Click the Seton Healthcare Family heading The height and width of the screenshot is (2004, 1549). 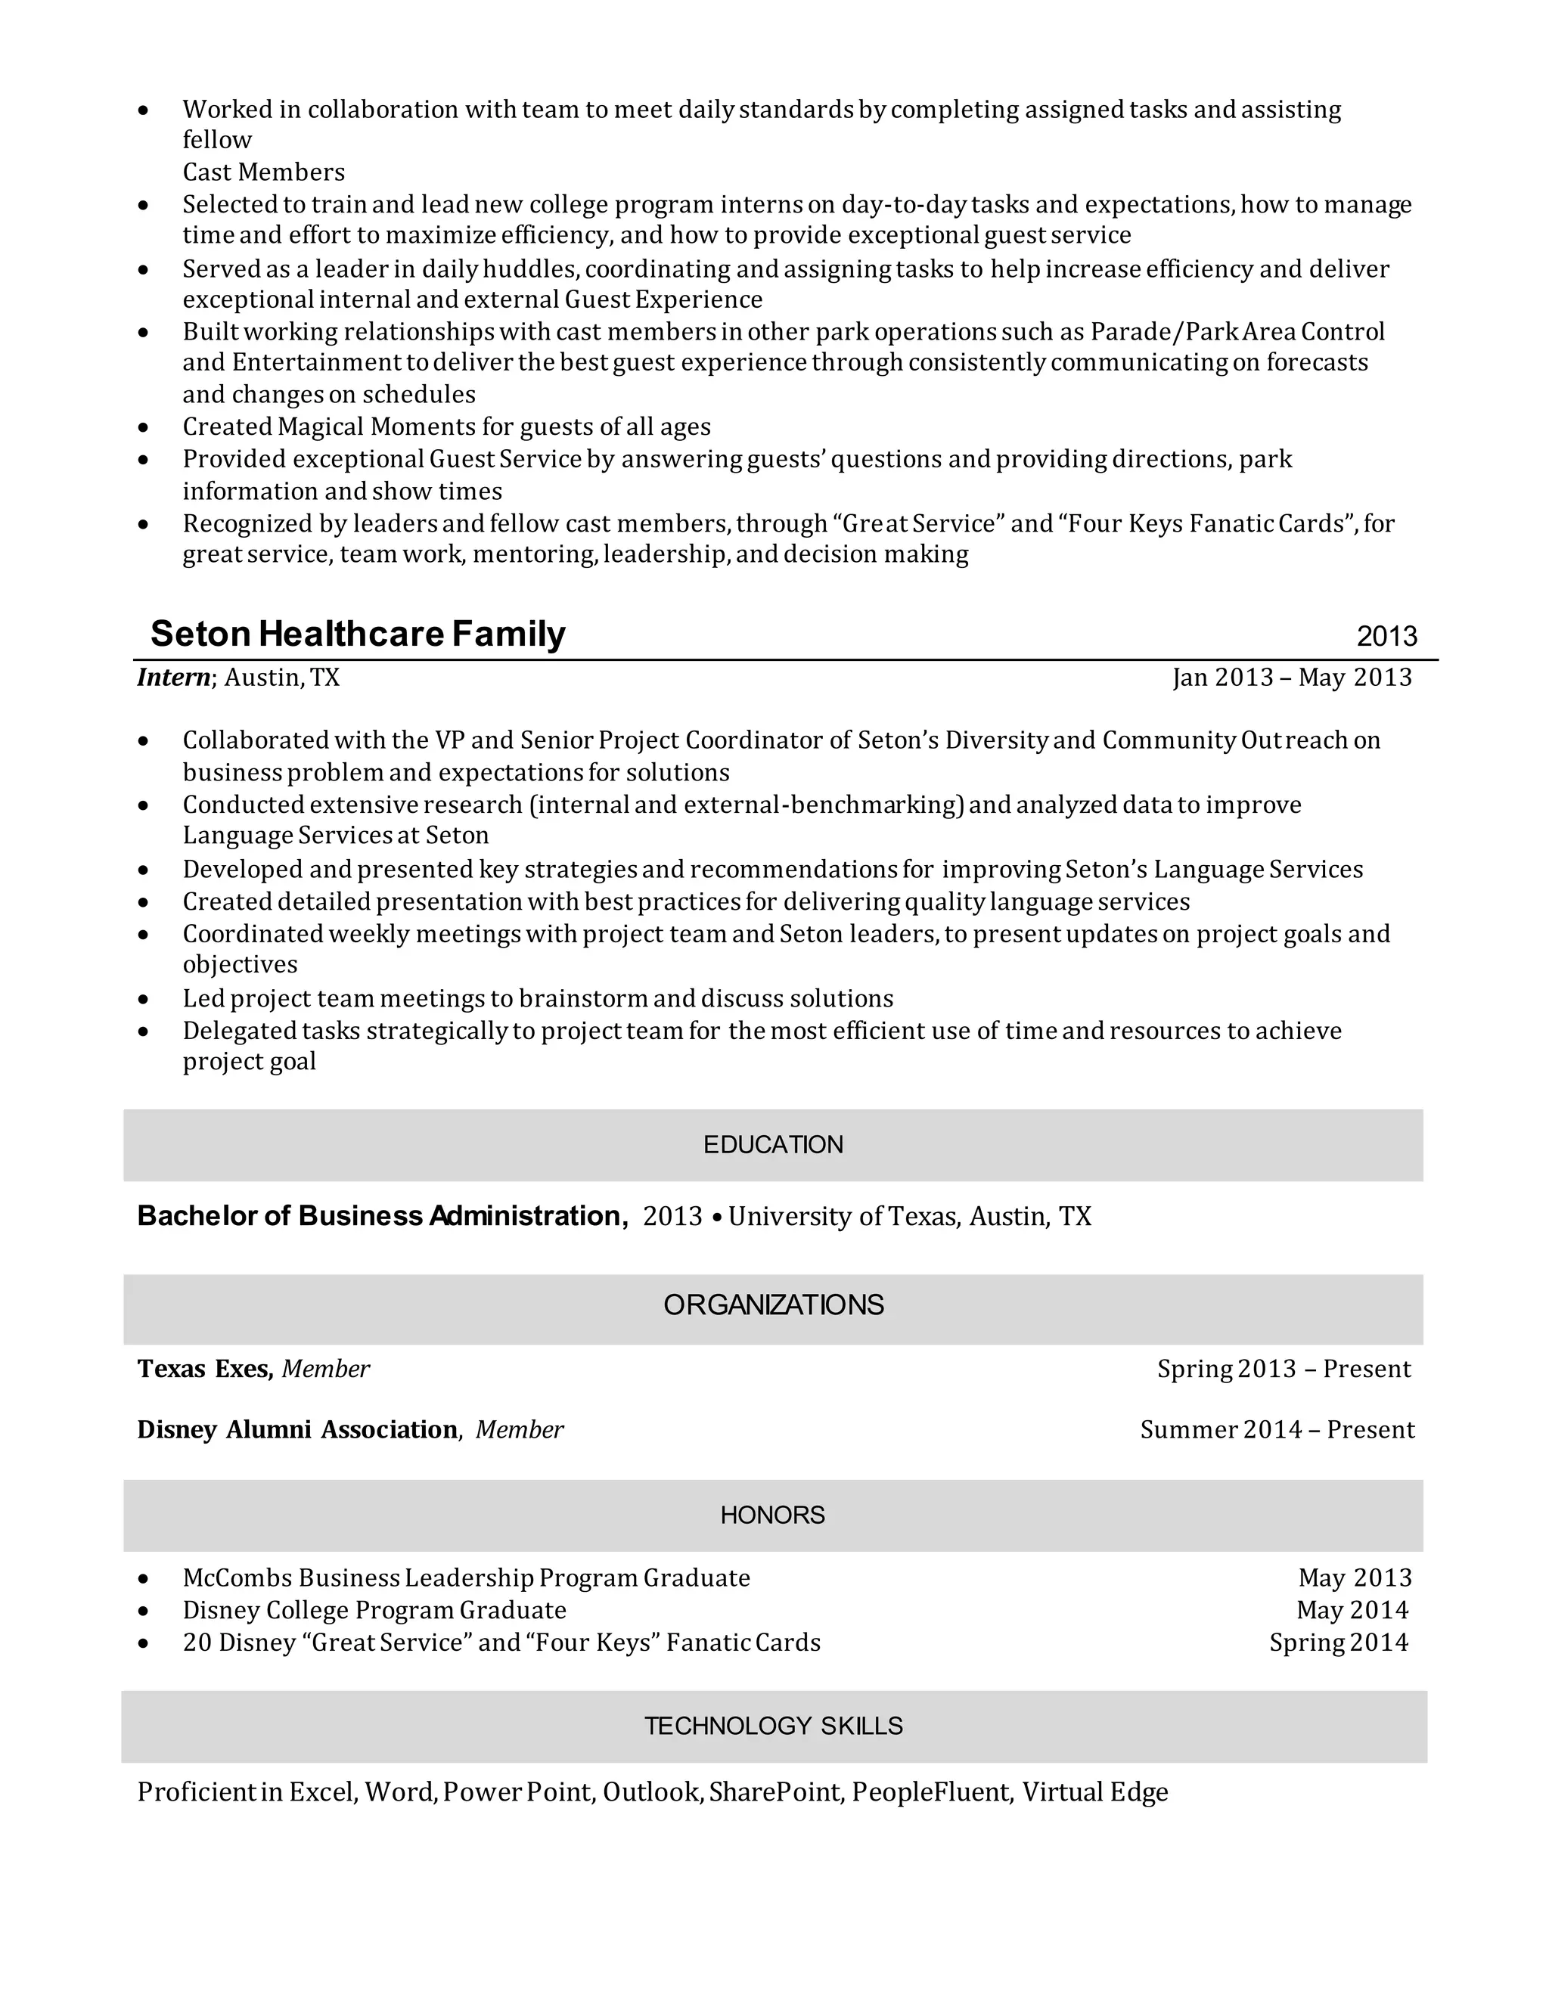coord(358,634)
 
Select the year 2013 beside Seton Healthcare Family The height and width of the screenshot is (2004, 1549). coord(1386,636)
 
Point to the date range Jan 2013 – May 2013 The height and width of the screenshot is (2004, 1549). coord(1291,677)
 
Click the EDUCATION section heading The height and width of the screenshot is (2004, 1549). coord(773,1144)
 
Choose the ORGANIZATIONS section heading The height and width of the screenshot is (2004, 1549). coord(773,1304)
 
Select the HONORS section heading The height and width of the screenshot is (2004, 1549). coord(773,1515)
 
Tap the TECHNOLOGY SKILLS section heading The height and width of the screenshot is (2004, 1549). coord(773,1726)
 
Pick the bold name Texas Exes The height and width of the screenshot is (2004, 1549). coord(205,1369)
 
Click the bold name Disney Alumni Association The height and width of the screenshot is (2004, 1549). coord(297,1429)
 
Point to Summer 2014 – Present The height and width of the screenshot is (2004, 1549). coord(1277,1429)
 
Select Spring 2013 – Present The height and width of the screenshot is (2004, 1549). coord(1283,1369)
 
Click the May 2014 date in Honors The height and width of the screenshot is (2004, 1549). coord(1352,1609)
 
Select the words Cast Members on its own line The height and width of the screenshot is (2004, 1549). coord(263,172)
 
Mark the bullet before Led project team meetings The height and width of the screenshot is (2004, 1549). coord(143,999)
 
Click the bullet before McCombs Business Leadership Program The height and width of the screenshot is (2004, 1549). coord(143,1579)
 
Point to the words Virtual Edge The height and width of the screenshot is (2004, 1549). coord(1094,1792)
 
